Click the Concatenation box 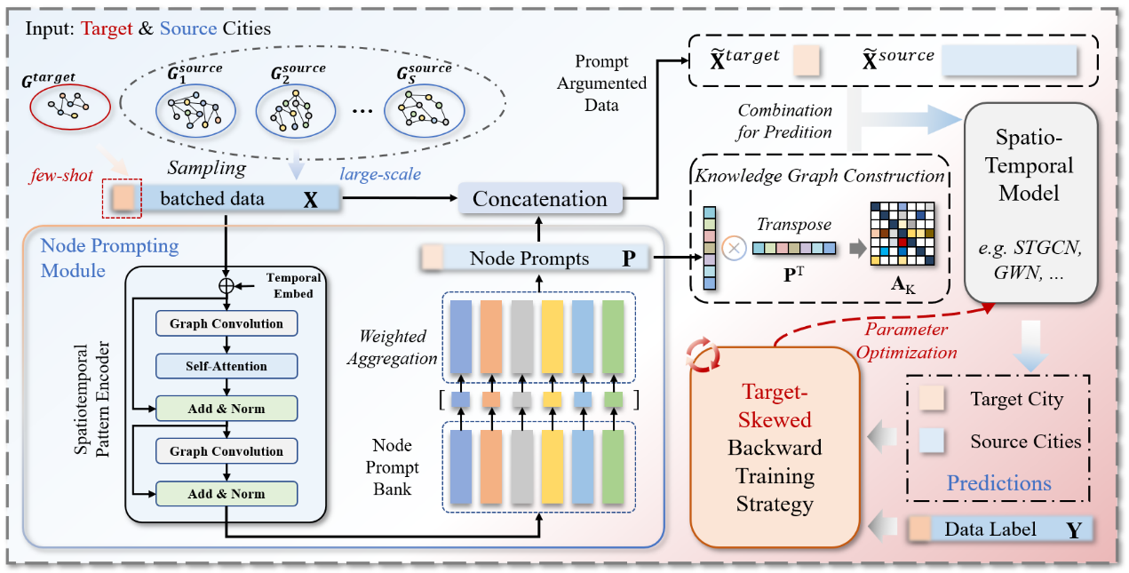tap(539, 198)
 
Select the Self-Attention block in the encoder tap(226, 365)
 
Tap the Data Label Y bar tap(999, 530)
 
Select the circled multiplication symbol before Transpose tap(735, 249)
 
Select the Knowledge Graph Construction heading tap(818, 176)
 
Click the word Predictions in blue tap(998, 483)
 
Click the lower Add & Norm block tap(226, 494)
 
